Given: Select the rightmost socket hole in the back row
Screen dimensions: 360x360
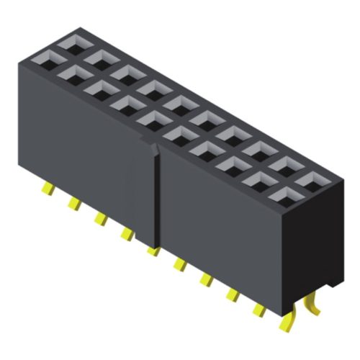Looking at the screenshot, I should (x=309, y=178).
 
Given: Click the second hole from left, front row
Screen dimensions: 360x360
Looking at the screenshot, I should (x=72, y=73).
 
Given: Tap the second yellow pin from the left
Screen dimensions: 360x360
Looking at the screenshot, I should (x=73, y=204).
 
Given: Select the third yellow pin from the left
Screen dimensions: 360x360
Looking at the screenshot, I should (x=100, y=218).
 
